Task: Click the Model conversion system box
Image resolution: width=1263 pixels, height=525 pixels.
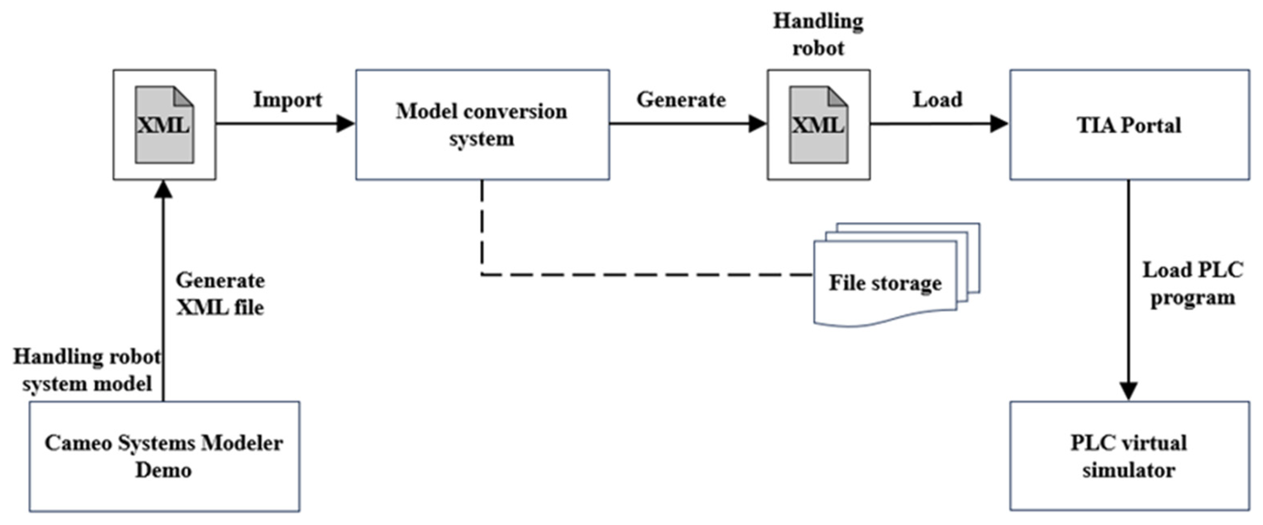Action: (x=482, y=125)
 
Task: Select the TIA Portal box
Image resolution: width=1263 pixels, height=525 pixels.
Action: (x=1129, y=125)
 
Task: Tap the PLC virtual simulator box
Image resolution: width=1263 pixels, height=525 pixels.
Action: (x=1129, y=456)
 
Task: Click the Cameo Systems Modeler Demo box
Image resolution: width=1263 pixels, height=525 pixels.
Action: (x=164, y=456)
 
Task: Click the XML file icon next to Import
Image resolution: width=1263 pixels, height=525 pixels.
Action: (x=164, y=125)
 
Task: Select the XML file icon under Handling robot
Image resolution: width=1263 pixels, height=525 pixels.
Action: (x=818, y=125)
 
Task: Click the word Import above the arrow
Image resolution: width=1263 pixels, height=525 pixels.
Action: (x=287, y=100)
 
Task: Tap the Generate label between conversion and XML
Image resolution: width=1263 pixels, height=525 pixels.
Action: (x=681, y=100)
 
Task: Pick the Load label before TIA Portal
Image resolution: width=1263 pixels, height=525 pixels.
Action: (x=937, y=100)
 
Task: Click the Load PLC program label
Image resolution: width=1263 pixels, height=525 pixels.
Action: (x=1193, y=284)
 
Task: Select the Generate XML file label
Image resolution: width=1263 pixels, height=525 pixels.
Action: (x=220, y=294)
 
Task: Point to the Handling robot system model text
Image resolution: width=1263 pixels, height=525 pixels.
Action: (x=87, y=370)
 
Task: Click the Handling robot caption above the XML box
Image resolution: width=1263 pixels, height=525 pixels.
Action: (x=818, y=34)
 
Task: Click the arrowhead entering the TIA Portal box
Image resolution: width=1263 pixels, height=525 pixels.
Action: (x=999, y=124)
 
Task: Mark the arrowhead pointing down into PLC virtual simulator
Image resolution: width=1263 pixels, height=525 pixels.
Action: (x=1129, y=391)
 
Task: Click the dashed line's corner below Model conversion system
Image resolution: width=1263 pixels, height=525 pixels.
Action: (x=482, y=274)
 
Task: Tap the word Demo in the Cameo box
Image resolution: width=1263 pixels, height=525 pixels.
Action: (x=163, y=470)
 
